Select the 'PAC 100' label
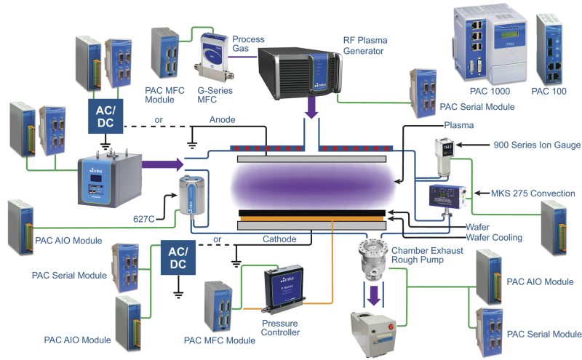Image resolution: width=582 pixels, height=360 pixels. (x=549, y=92)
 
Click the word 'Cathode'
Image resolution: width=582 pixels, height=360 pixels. (x=279, y=239)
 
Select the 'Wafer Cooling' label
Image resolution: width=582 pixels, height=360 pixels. (x=493, y=237)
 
